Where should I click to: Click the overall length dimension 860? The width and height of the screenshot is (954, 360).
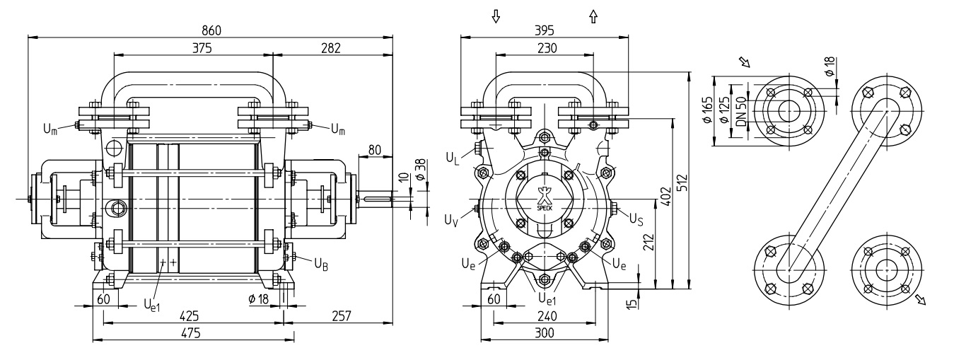pos(211,30)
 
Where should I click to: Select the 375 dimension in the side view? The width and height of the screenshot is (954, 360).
pos(202,47)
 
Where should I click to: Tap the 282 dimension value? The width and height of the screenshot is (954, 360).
pos(331,47)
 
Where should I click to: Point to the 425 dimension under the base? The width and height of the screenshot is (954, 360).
pos(190,315)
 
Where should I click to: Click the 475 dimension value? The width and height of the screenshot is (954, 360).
pos(190,332)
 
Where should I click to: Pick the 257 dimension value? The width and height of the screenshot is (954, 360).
pos(341,315)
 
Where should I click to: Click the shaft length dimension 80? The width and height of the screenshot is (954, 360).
pos(374,149)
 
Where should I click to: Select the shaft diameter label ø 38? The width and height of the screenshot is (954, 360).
pos(420,170)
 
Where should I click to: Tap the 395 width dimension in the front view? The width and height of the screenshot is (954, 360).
pos(544,30)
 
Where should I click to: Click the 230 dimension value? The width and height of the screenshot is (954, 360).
pos(547,47)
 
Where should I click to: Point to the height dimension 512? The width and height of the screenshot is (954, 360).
pos(682,183)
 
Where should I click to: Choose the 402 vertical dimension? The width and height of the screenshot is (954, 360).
pos(665,197)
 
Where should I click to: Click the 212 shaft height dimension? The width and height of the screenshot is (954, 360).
pos(648,242)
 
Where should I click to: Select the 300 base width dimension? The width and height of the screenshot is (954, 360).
pos(544,332)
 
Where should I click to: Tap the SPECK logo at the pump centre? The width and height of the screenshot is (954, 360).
pos(544,199)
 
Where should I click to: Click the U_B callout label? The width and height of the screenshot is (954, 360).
pos(321,264)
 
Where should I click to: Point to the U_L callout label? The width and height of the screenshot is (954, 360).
pos(453,158)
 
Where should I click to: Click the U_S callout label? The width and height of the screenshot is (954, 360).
pos(636,219)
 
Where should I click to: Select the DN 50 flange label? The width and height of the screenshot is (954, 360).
pos(741,111)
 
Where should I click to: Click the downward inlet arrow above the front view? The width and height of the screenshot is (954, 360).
pos(496,16)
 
